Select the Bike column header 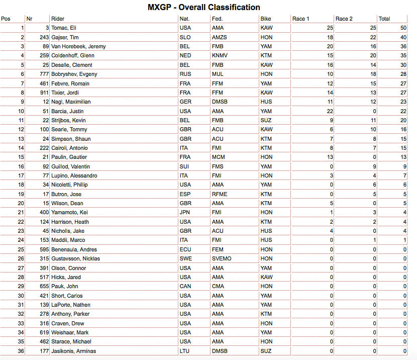tap(266, 19)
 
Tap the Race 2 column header tap(344, 19)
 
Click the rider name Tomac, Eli tap(63, 28)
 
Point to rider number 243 tap(42, 37)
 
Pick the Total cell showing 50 tap(403, 28)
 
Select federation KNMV tap(220, 56)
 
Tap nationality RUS tap(185, 74)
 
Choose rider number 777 tap(42, 74)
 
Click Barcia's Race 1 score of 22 tap(329, 111)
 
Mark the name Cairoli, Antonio tap(69, 148)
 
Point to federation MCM tap(218, 157)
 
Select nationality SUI tap(184, 166)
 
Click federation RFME tap(219, 194)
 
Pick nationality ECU tap(185, 249)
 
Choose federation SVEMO tap(221, 258)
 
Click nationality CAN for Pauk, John tap(185, 286)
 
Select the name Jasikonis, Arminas tap(73, 351)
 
